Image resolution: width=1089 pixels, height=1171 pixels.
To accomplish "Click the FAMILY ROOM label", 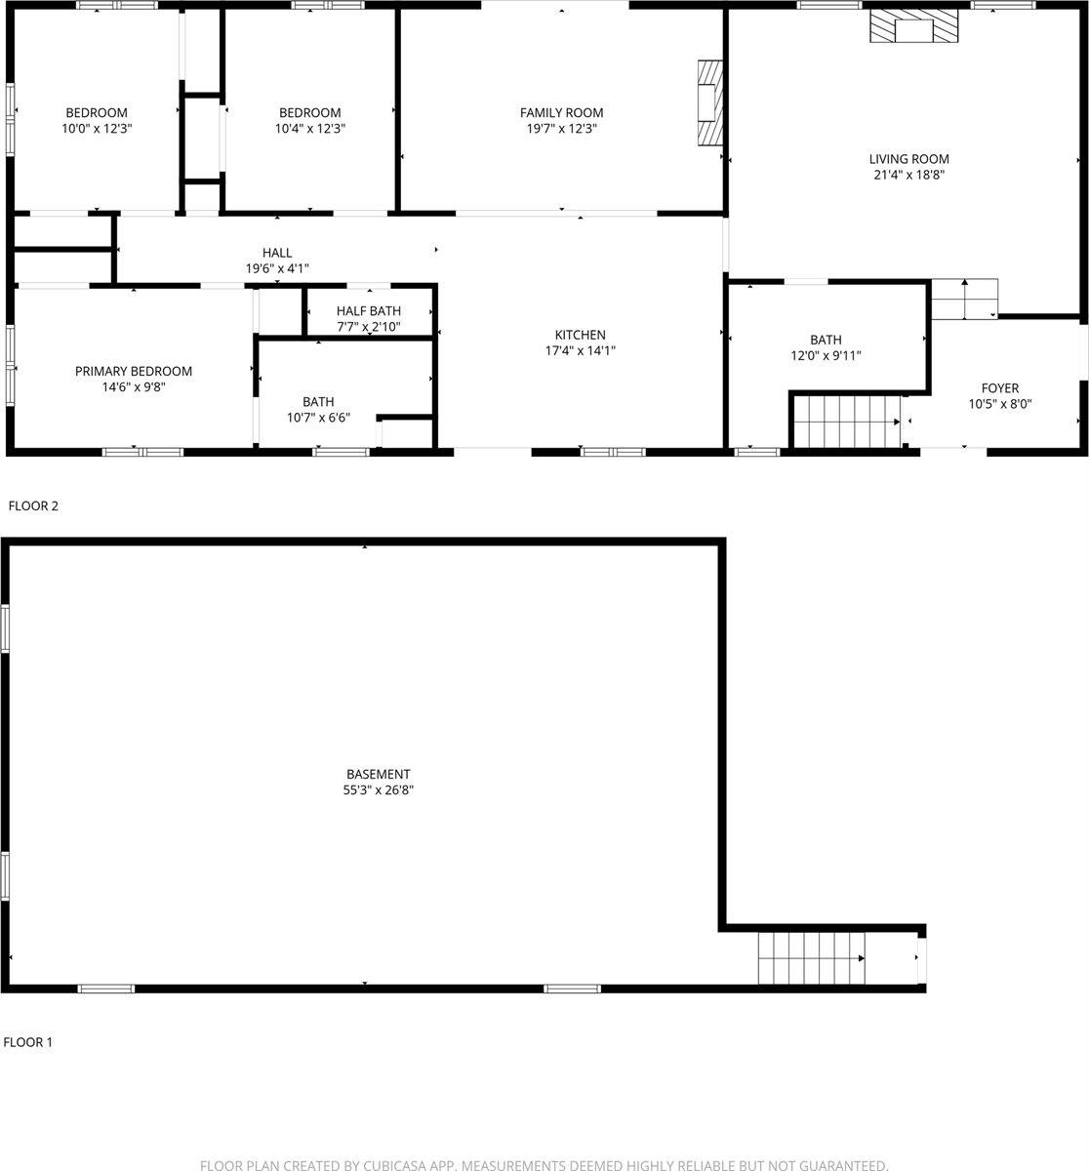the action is [561, 112].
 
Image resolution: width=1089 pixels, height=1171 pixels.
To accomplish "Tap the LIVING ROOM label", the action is [908, 159].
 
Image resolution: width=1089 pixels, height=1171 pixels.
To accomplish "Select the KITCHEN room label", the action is [581, 335].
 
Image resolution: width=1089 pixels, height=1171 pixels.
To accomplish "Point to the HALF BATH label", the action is [369, 310].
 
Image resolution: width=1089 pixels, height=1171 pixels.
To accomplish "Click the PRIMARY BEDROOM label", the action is [134, 371].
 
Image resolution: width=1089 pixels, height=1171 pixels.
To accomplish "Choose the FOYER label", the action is [1000, 388].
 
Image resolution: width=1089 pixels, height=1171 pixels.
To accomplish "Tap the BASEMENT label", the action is [378, 774].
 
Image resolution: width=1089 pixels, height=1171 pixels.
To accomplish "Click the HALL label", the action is [277, 253].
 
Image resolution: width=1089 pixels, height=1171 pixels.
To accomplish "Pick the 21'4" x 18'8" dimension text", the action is [908, 175].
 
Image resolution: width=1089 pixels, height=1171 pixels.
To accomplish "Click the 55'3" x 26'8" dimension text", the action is [378, 789].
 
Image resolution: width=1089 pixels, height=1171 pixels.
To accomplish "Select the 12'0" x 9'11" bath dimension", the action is [826, 355].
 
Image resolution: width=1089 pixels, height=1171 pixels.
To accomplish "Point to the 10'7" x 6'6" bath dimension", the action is [318, 418].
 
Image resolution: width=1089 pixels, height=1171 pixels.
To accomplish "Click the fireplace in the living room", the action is [914, 27].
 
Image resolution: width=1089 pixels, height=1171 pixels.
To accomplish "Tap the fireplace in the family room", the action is [710, 102].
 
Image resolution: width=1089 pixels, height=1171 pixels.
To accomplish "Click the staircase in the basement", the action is [811, 957].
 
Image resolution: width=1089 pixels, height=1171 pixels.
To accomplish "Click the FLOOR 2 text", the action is [33, 505].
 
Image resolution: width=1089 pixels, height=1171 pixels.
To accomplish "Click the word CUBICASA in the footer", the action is [396, 1165].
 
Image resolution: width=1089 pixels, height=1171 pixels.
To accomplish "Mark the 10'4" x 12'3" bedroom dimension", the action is [310, 128].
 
